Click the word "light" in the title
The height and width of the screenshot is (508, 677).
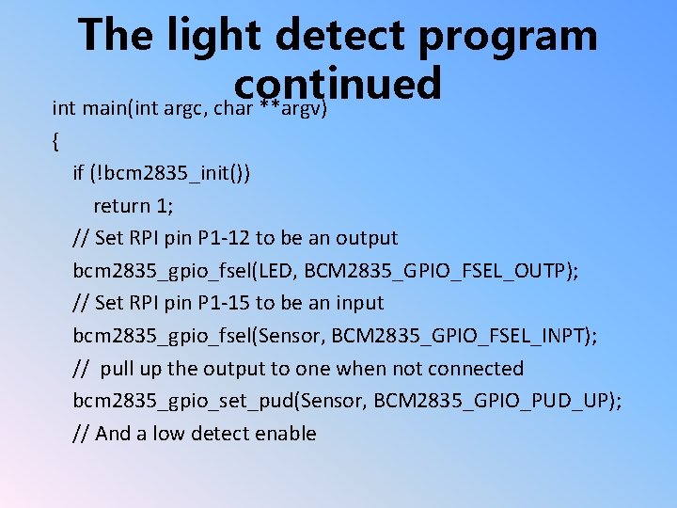pyautogui.click(x=208, y=36)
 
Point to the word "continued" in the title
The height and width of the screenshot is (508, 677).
pyautogui.click(x=338, y=83)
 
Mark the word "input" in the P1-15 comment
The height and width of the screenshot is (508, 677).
pyautogui.click(x=360, y=303)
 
